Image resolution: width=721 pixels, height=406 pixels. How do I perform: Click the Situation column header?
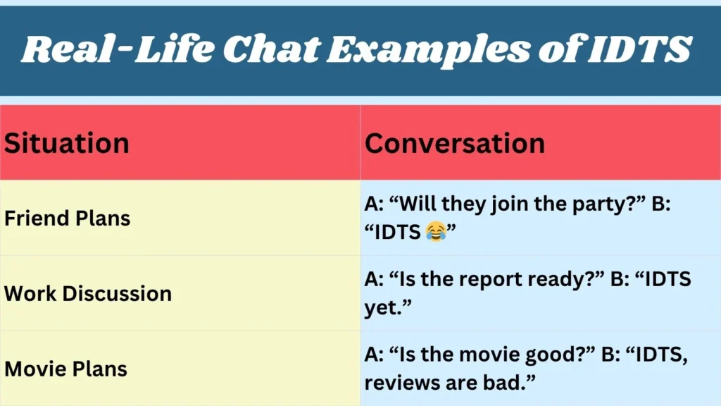click(x=67, y=143)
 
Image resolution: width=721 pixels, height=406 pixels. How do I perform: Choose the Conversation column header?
click(x=455, y=143)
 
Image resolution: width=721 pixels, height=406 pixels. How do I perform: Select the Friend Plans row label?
click(x=68, y=219)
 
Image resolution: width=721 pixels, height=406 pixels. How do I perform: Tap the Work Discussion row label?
click(x=88, y=293)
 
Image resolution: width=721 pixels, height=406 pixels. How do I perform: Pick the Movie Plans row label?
click(x=66, y=369)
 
